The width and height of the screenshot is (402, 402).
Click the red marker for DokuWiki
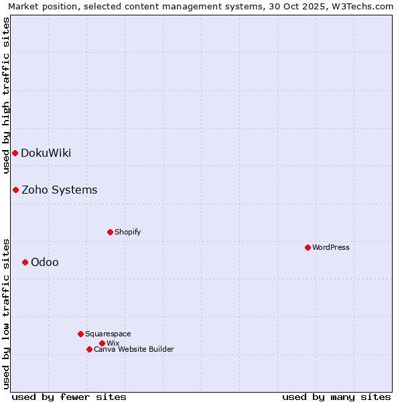click(15, 153)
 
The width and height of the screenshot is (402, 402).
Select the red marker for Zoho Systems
click(15, 190)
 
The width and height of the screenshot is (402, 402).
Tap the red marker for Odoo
click(25, 262)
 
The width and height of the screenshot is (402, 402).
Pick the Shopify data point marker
click(110, 232)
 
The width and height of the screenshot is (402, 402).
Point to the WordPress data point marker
click(308, 247)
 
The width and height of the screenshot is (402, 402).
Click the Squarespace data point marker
click(80, 334)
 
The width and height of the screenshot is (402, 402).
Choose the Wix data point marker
click(102, 343)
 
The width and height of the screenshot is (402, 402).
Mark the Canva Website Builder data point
click(89, 349)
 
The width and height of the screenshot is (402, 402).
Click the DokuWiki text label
click(46, 153)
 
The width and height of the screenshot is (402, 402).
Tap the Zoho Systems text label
click(60, 190)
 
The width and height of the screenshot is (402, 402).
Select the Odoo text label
click(45, 262)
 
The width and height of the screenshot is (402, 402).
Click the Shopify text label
click(128, 232)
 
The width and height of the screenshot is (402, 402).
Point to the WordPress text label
click(331, 247)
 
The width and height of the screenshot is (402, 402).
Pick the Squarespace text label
click(108, 334)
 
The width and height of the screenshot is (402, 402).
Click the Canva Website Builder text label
click(134, 349)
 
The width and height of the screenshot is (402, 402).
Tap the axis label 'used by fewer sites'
click(69, 397)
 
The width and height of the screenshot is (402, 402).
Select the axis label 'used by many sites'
click(336, 397)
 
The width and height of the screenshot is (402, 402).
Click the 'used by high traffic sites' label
click(6, 95)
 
